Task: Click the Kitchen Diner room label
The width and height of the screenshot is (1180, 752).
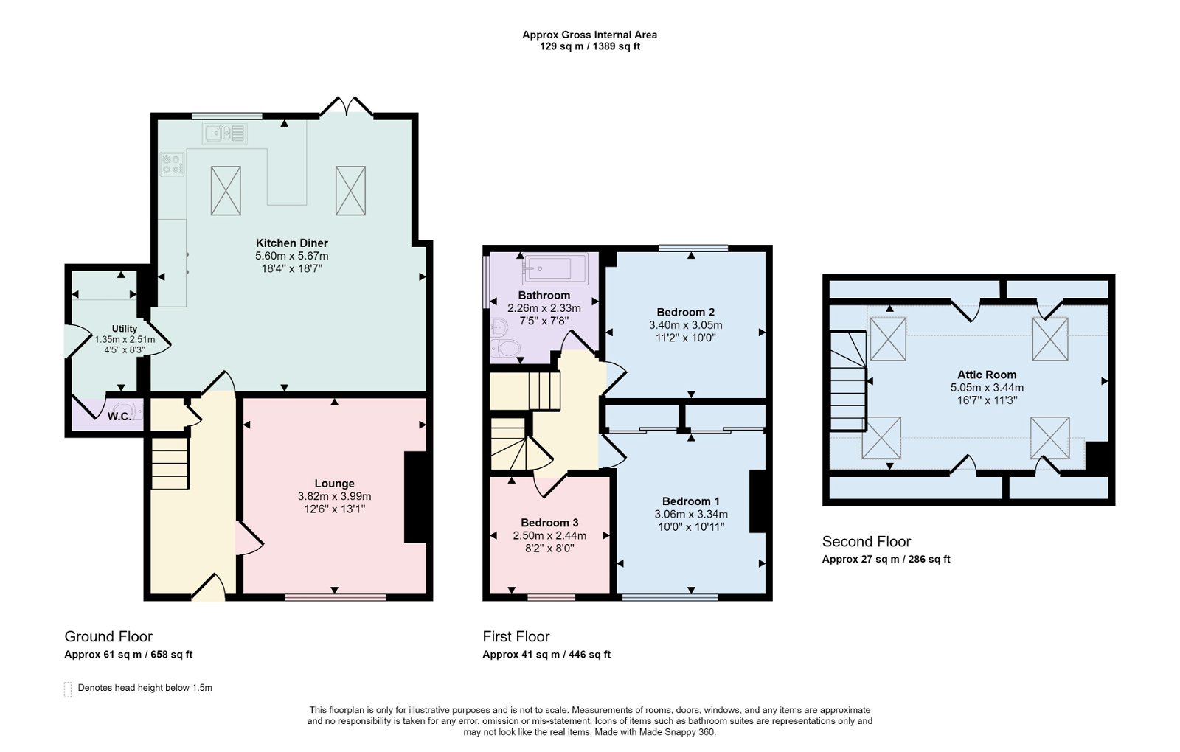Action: coord(291,243)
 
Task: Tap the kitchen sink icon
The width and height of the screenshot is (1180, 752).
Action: coord(225,133)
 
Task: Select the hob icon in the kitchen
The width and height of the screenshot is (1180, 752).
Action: coord(173,164)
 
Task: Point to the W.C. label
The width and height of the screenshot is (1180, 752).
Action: coord(119,417)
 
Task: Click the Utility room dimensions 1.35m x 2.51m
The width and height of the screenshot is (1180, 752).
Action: coord(125,340)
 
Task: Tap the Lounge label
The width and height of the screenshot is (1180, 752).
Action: coord(334,484)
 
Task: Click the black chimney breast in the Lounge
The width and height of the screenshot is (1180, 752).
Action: coord(415,497)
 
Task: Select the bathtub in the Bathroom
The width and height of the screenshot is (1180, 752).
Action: coord(555,269)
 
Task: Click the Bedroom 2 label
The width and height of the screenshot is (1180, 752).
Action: coord(685,312)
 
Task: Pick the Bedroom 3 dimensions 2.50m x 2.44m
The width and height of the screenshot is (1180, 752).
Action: coord(549,535)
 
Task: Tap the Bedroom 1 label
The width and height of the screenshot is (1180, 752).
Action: coord(690,501)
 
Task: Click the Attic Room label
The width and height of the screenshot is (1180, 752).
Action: coord(987,375)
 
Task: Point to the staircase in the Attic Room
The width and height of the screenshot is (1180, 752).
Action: coord(848,381)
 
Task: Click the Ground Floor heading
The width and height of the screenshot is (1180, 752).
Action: coord(108,636)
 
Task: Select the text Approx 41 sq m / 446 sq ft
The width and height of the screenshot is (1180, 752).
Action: coord(546,655)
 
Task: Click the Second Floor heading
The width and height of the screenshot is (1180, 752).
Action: coord(867,541)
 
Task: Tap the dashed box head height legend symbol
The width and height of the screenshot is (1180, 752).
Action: coord(68,689)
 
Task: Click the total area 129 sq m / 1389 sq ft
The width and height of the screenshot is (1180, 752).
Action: coord(589,46)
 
